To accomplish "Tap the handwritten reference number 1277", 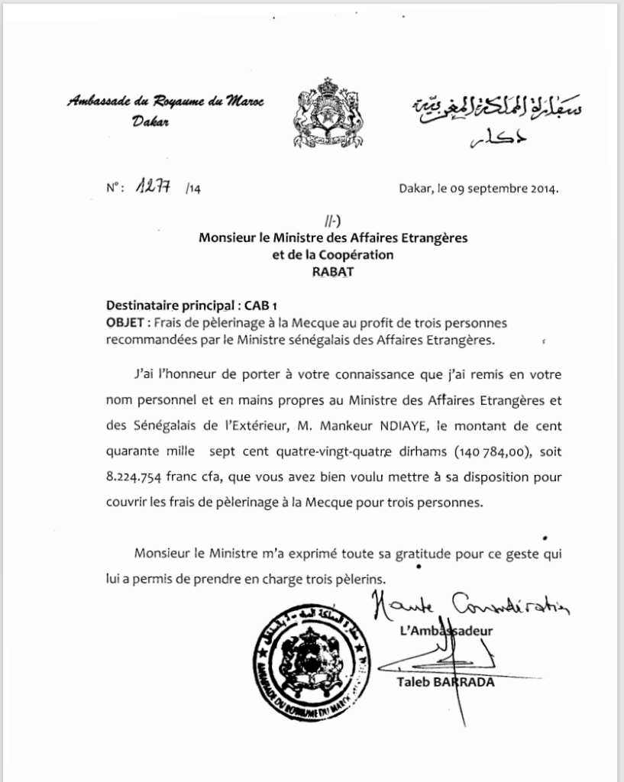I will coord(153,189).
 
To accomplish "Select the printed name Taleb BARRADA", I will coord(445,682).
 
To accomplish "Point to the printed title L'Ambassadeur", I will coord(447,631).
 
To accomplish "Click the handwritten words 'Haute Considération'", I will coord(469,607).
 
